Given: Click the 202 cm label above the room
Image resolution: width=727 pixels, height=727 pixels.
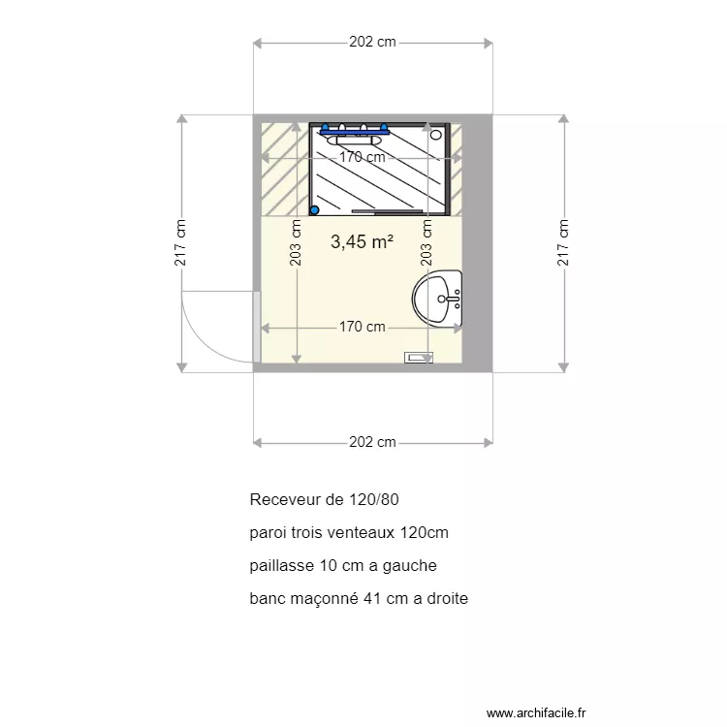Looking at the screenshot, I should point(372,42).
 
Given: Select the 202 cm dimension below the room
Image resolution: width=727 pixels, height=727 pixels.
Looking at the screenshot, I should point(372,442).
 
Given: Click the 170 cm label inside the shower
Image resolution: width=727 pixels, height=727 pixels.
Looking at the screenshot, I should point(362,157).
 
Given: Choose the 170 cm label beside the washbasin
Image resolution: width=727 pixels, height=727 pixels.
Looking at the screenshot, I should point(362,327).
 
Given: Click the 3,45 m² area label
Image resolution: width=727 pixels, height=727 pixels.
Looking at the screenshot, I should point(361,242).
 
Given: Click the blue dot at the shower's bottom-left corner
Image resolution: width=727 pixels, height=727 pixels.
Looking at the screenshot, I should point(314,209).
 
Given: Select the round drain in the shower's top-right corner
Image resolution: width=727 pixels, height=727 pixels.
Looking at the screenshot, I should point(436,135).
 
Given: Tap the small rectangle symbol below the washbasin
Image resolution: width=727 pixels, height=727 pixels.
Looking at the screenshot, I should point(419,358).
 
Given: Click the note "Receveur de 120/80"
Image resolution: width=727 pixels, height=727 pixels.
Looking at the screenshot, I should point(324,500).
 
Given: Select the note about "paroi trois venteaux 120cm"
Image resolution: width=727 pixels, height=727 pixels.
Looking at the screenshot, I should point(348,533).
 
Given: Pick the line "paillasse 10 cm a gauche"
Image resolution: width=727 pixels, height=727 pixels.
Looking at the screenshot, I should point(342,566).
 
